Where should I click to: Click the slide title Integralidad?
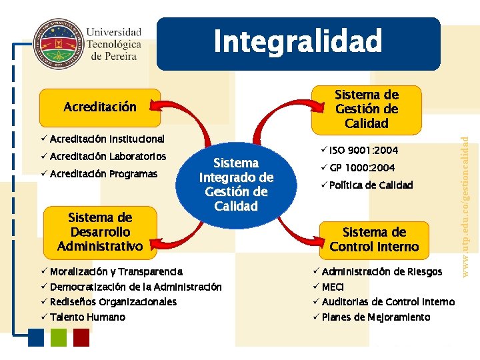click(298, 42)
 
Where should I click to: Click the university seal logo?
click(57, 43)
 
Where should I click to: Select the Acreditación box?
click(100, 107)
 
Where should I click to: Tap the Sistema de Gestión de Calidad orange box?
click(366, 109)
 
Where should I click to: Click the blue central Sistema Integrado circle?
click(236, 184)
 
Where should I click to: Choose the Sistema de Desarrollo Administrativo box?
click(100, 232)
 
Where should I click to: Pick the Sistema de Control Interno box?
click(374, 239)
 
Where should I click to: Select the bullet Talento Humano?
click(87, 317)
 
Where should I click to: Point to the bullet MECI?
click(333, 287)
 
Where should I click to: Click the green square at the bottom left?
click(59, 338)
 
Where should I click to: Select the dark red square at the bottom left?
click(81, 338)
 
